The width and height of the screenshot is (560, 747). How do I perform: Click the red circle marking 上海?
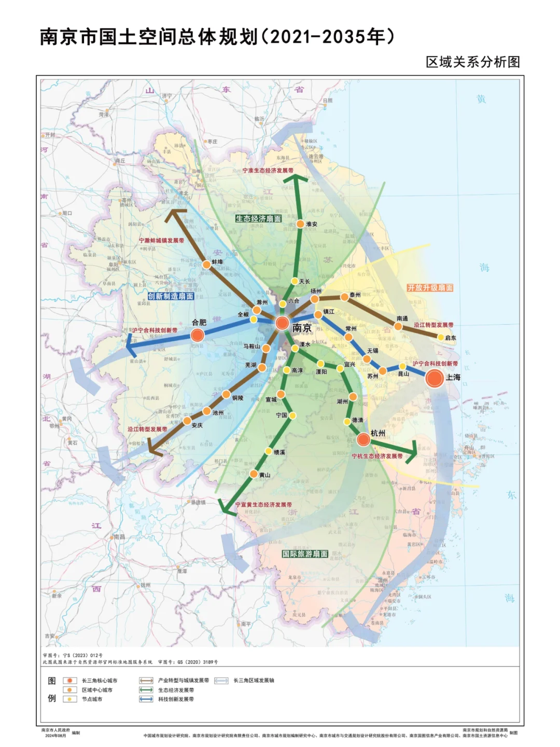click(435, 378)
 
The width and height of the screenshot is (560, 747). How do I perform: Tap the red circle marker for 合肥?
click(197, 335)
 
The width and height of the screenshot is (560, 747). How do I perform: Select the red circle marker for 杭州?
click(363, 440)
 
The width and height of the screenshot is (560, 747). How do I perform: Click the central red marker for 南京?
click(282, 323)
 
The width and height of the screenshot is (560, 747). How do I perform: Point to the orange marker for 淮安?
click(300, 224)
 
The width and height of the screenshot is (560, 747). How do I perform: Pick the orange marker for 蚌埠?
click(206, 265)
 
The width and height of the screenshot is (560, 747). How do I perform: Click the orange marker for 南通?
click(398, 326)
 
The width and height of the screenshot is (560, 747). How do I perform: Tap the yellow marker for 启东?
click(441, 338)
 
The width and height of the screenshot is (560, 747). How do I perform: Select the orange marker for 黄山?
click(254, 474)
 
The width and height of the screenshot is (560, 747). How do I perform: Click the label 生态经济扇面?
click(258, 219)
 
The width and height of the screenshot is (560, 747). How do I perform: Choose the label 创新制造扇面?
click(171, 296)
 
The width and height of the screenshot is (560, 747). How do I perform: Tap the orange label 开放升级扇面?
click(430, 287)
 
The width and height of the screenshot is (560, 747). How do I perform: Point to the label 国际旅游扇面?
click(305, 554)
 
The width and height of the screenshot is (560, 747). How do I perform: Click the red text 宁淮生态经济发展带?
click(268, 171)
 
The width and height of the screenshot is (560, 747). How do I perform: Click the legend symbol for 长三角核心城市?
click(69, 681)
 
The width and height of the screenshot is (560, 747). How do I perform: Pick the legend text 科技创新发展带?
click(176, 699)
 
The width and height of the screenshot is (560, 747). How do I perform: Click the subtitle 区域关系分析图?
click(472, 62)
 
